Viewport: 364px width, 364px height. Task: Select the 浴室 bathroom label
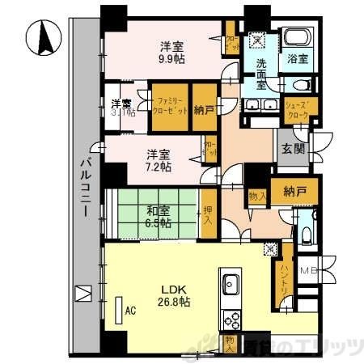pos(298,58)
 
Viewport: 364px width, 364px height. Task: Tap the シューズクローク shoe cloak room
pos(299,108)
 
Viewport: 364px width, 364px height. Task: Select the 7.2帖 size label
pos(159,166)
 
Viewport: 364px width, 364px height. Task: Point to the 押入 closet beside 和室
pos(209,213)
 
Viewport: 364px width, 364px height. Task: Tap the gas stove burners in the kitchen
pos(229,316)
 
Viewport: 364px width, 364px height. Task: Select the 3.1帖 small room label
pos(122,108)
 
